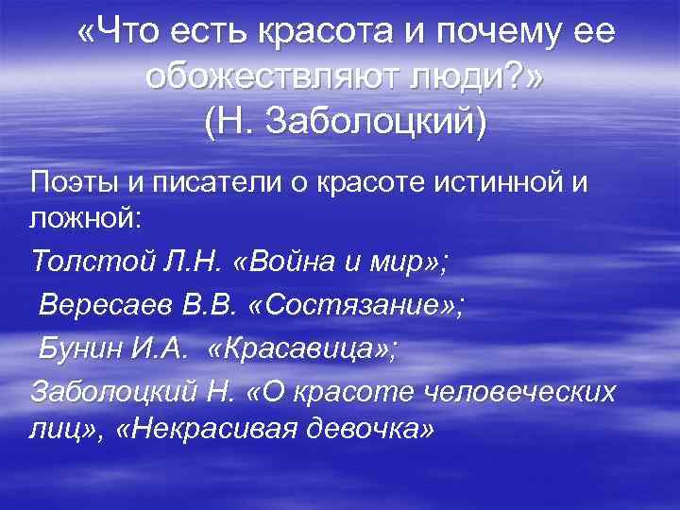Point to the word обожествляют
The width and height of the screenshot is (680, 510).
pyautogui.click(x=274, y=78)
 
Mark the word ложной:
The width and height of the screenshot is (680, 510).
pyautogui.click(x=85, y=220)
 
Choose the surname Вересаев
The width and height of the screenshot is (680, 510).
pyautogui.click(x=97, y=304)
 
